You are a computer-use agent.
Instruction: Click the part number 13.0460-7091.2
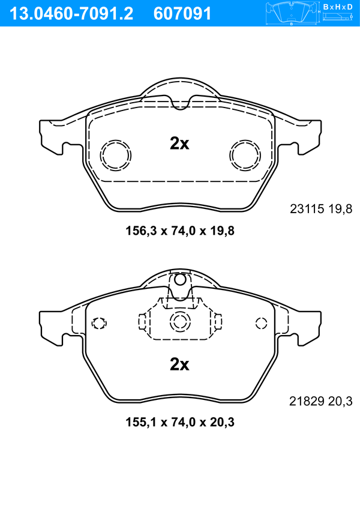tap(71, 14)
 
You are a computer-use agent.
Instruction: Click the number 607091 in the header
tap(182, 14)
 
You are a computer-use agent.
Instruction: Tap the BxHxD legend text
tap(337, 7)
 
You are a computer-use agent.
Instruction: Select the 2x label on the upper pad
tap(179, 144)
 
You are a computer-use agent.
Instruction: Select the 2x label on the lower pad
tap(179, 364)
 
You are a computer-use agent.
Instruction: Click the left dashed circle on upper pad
tap(115, 156)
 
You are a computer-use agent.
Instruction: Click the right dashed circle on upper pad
tap(245, 156)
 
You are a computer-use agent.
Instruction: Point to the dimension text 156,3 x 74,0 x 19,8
tap(180, 231)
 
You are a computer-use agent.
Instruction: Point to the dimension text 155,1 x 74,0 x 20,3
tap(180, 422)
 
